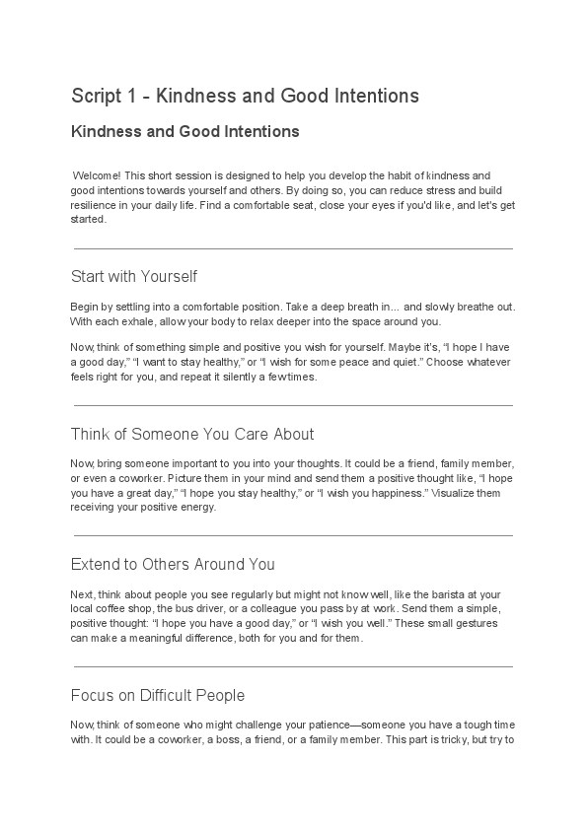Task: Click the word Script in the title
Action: tap(93, 96)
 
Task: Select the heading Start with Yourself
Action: tap(134, 276)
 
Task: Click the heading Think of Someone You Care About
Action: tap(192, 434)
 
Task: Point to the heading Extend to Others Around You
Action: tap(173, 564)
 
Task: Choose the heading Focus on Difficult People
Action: tap(158, 695)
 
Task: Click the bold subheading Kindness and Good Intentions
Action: tap(184, 131)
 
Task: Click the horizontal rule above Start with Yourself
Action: tap(293, 248)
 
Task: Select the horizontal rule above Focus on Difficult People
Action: tap(293, 667)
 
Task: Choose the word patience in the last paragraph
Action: tap(307, 725)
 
